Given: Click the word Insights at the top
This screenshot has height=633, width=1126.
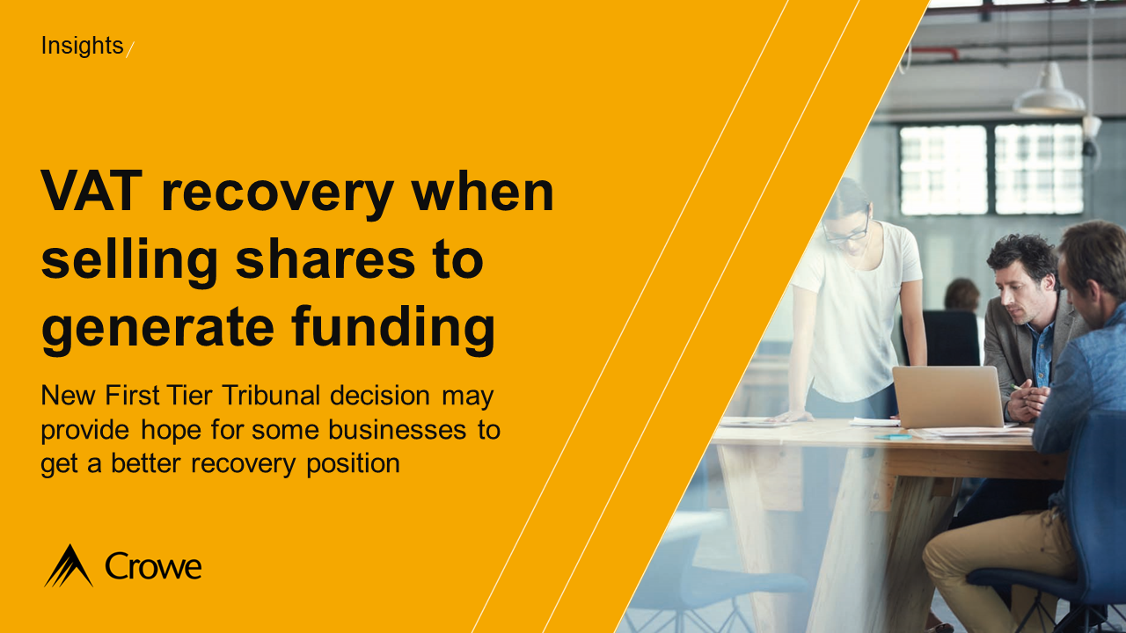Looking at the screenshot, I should pos(82,46).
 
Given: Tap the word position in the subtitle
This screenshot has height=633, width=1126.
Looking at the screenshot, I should pos(352,463).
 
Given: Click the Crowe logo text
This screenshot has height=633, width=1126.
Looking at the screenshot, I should pos(153,566).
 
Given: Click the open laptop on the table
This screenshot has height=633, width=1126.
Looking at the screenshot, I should pos(947,397).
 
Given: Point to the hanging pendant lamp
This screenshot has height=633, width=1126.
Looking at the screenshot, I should pos(1049,91).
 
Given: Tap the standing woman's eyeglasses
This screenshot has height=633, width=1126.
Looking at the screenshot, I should pos(846,230).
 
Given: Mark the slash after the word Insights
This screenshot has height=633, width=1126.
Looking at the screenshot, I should pos(130,49).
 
